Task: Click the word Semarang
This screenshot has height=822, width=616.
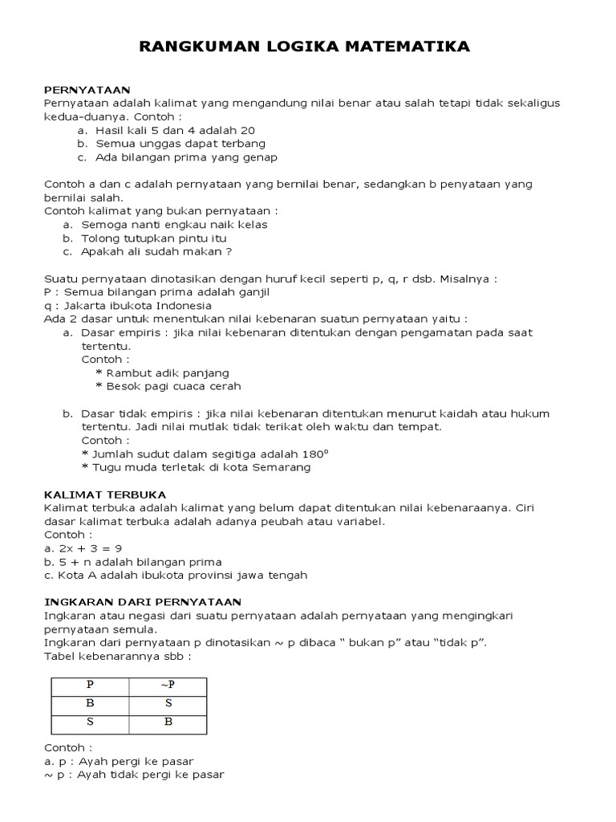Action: tap(282, 467)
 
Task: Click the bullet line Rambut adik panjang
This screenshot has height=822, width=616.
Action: tap(162, 372)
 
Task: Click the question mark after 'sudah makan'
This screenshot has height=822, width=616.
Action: tap(229, 251)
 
